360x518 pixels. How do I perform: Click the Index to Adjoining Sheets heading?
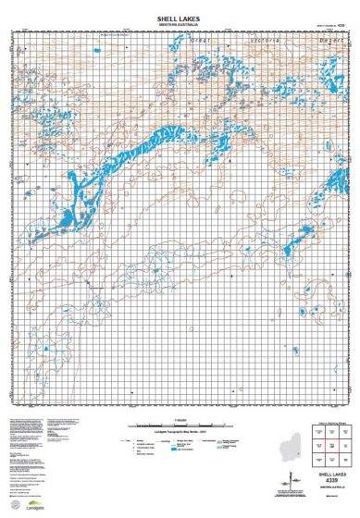point(329,423)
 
